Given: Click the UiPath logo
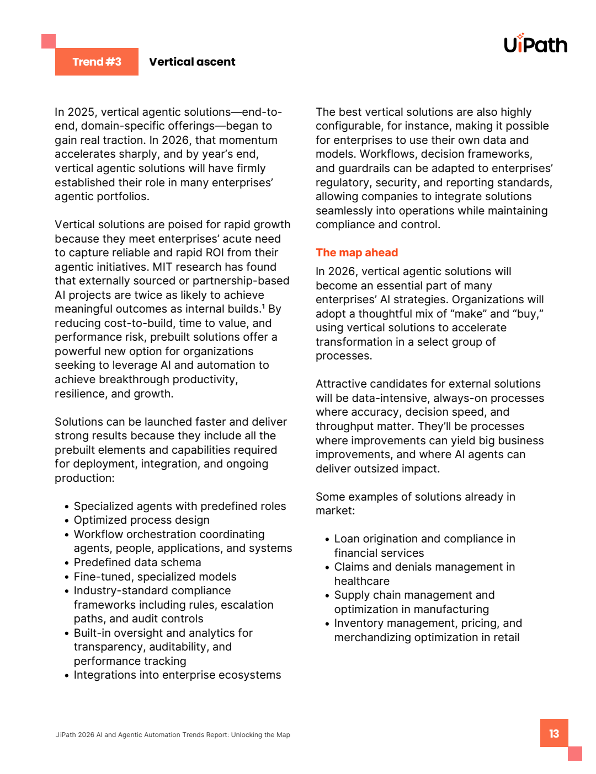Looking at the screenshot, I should point(535,44).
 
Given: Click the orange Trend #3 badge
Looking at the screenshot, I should point(97,62).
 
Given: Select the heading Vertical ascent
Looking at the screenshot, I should point(192,62).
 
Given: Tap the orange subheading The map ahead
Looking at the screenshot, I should point(356,252).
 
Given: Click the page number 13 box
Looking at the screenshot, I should point(554,733).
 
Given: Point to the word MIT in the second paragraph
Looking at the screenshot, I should point(162,267).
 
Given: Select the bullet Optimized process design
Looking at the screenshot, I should point(141,520).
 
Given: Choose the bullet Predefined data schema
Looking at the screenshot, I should point(137,562).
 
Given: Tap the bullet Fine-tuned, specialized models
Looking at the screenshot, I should point(155,577).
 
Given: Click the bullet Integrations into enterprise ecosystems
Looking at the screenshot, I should point(177,675).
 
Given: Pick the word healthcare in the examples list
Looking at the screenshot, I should point(361,581).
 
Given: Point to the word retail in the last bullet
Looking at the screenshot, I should point(506,637).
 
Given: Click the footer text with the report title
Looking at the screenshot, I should point(173,735).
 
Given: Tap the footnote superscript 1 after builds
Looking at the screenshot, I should point(263,306).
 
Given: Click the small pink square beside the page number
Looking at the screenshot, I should point(575,754).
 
